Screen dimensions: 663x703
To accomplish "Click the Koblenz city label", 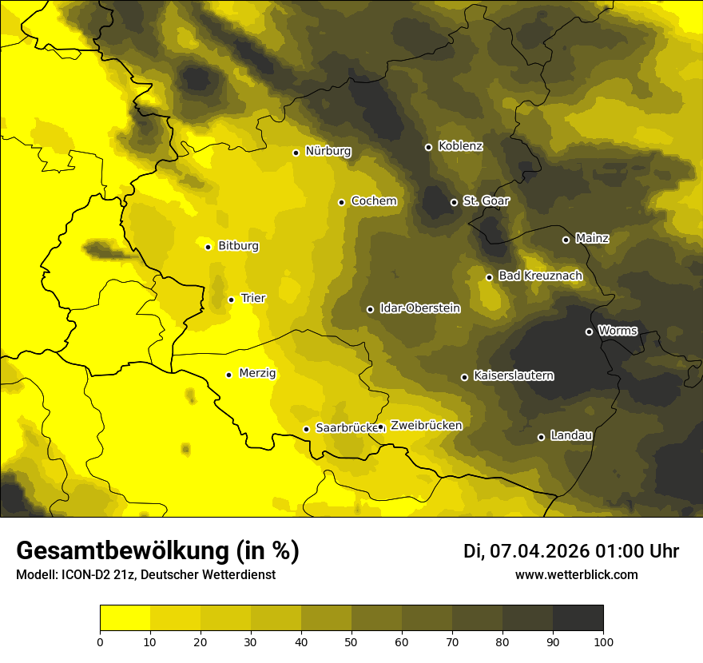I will click(460, 146).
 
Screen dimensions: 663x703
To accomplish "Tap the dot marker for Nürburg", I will click(296, 153).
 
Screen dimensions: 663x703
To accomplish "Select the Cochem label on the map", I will click(373, 200).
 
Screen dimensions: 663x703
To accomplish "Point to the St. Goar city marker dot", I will click(454, 202).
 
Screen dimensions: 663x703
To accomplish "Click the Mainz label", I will click(592, 238).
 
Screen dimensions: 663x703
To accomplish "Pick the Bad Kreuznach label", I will click(540, 276).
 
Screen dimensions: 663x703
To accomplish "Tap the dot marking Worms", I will click(589, 331).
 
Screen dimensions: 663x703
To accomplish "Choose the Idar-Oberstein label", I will click(419, 308).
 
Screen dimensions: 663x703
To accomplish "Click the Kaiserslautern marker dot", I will click(464, 377).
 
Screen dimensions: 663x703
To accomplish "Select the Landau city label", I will click(571, 435).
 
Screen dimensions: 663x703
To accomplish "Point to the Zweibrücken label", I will click(426, 425).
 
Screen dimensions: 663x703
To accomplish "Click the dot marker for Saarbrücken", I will click(306, 429).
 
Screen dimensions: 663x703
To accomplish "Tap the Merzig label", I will click(257, 373).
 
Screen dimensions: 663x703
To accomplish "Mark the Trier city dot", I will click(231, 300).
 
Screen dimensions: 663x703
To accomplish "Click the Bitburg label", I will click(238, 246).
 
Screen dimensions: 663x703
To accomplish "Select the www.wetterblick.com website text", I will click(577, 575).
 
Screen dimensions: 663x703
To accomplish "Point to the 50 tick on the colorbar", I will click(351, 641).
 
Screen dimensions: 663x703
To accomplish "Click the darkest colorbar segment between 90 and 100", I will click(578, 617).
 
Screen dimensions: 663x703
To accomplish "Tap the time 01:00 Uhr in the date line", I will click(637, 551).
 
